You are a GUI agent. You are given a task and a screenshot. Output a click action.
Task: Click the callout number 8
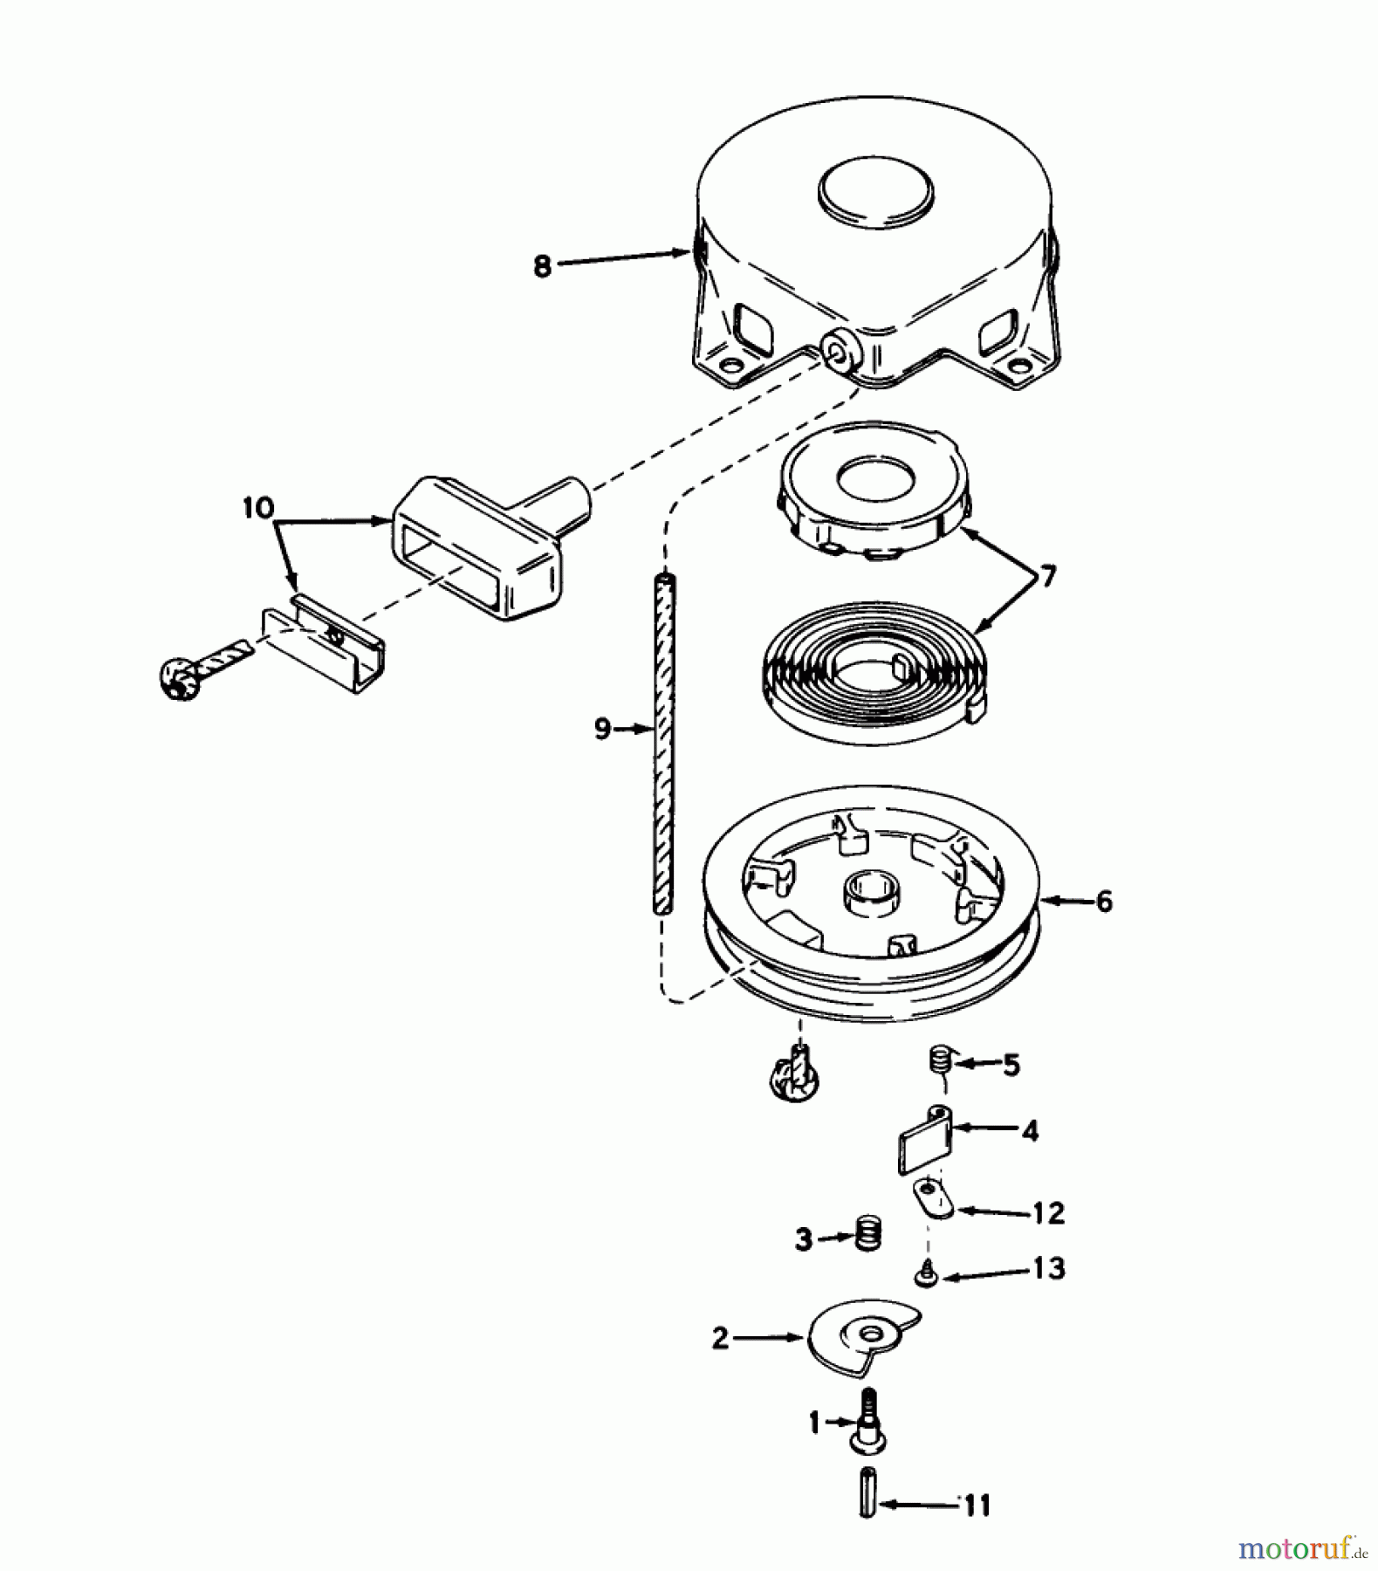543,265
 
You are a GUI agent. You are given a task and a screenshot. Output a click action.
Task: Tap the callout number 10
258,508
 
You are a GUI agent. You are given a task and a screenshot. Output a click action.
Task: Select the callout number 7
1047,577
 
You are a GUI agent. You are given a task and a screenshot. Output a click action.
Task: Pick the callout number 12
1048,1213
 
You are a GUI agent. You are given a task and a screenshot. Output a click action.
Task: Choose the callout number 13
1048,1268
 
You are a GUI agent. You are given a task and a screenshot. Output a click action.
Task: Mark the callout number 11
977,1506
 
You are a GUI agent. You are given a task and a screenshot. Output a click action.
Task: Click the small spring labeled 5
937,1063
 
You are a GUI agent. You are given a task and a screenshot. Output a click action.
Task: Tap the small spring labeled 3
867,1233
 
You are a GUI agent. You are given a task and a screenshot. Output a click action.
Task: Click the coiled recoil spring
873,672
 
